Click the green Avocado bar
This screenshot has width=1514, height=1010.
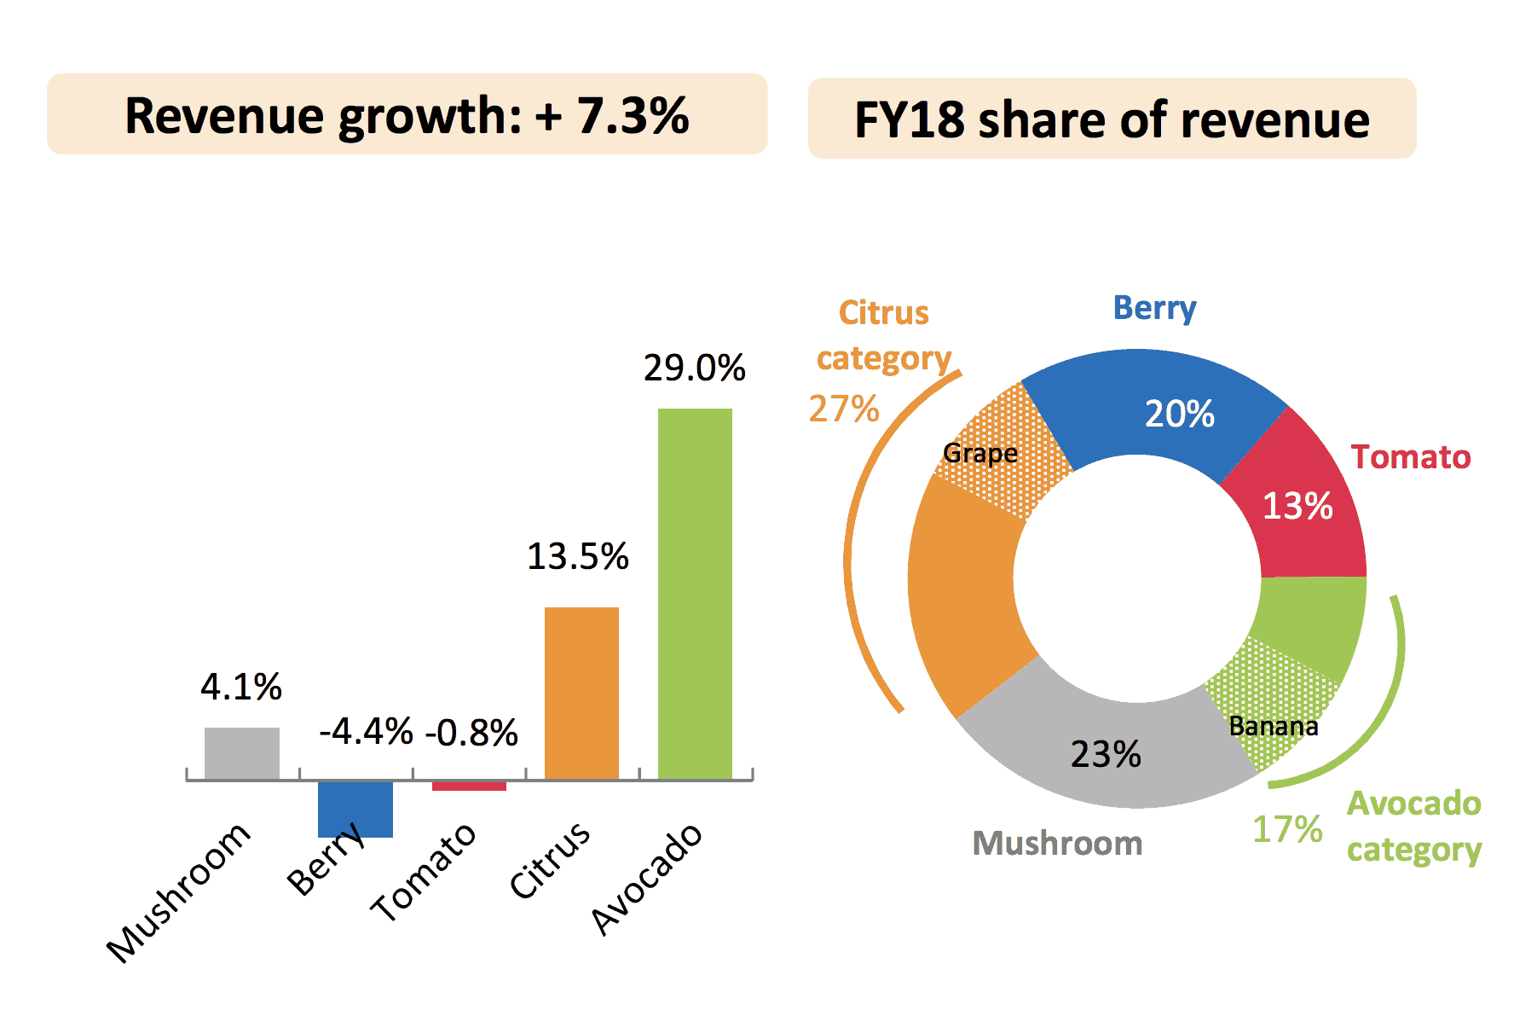[695, 593]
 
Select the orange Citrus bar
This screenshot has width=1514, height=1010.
[581, 693]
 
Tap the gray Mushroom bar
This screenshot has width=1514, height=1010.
[242, 752]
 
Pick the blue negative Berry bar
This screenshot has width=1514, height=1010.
[355, 809]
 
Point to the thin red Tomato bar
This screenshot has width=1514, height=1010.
[469, 786]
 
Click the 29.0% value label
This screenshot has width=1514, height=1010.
[694, 368]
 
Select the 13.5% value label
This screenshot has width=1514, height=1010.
[577, 556]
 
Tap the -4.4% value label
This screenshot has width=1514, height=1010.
[366, 731]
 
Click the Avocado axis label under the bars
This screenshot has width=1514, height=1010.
[648, 879]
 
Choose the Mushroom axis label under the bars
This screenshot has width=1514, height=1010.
[179, 891]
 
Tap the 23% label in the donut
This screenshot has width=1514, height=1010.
[1106, 754]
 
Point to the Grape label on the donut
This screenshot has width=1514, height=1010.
[980, 453]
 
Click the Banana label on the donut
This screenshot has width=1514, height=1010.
[1273, 726]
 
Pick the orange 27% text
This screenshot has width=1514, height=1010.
[843, 409]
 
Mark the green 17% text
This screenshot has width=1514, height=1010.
[1286, 829]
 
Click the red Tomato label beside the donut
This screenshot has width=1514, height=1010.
[1411, 456]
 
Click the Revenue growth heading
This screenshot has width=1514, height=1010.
[407, 114]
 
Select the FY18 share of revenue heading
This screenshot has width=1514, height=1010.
[1112, 119]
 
